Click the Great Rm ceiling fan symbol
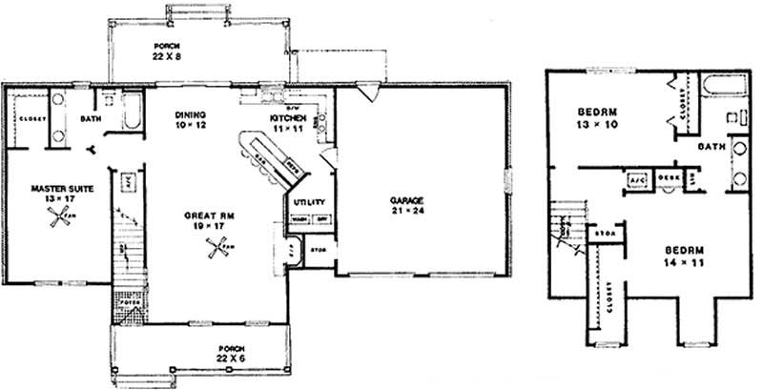click(x=216, y=251)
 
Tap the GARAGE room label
click(x=406, y=201)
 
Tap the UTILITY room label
click(x=311, y=202)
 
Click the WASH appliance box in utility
click(x=299, y=219)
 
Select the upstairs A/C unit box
click(x=636, y=179)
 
